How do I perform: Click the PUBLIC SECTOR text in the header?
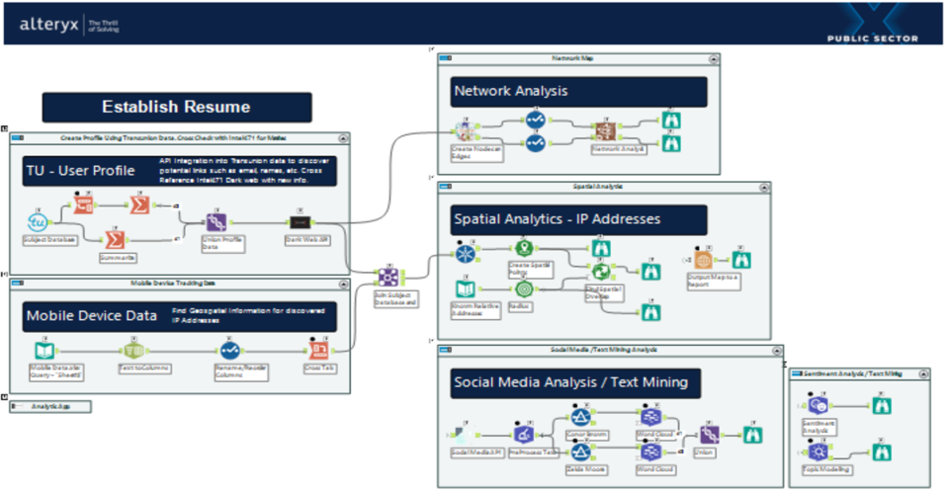[872, 39]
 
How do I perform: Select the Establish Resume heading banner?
[176, 107]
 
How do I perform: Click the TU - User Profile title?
[81, 172]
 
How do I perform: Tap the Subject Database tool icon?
[38, 222]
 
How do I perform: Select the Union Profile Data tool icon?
[215, 223]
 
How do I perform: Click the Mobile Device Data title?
[92, 316]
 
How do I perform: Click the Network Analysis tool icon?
[604, 129]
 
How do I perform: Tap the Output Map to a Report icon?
[703, 260]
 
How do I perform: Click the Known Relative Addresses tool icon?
[465, 288]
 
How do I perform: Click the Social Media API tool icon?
[463, 432]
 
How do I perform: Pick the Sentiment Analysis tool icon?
[817, 405]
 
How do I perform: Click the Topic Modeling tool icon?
[817, 450]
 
